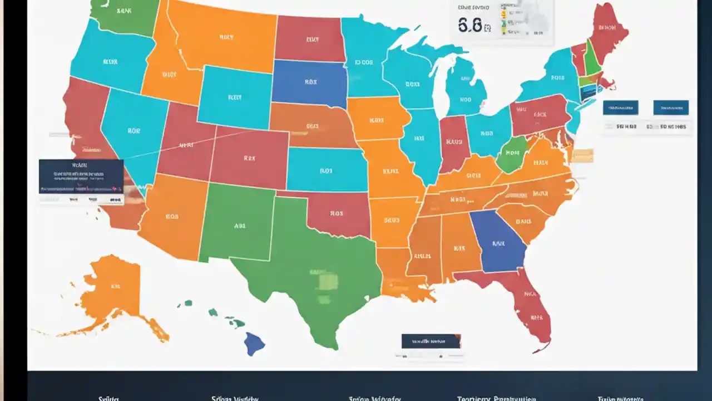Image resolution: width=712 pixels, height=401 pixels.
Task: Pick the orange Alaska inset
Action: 114,290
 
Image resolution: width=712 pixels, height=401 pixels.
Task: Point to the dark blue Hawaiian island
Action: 255,343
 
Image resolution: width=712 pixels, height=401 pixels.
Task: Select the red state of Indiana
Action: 453,144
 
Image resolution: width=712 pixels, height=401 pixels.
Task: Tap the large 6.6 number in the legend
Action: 471,25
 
